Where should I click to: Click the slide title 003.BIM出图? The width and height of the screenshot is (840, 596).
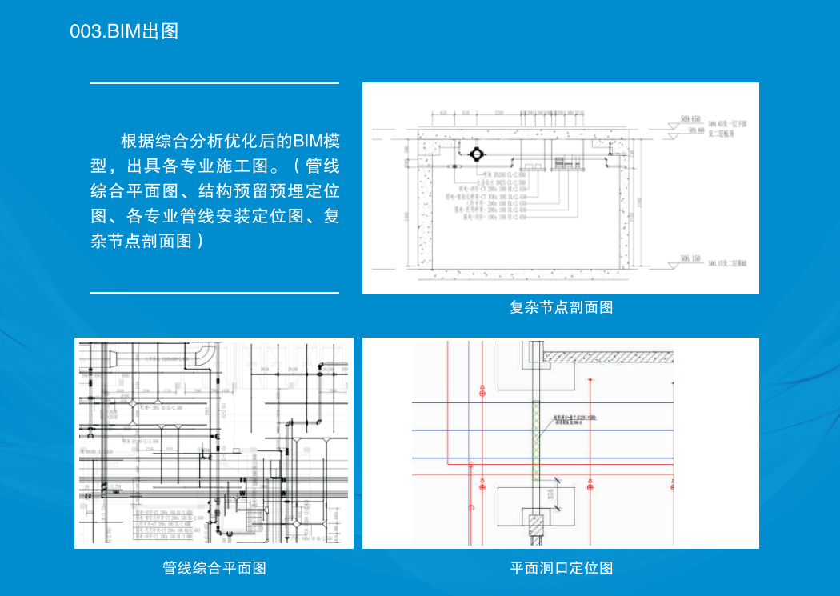point(124,31)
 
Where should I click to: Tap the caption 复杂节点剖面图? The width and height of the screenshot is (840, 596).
point(561,307)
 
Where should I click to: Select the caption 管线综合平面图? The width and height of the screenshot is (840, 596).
point(214,568)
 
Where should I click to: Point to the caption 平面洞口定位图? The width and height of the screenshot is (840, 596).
point(561,568)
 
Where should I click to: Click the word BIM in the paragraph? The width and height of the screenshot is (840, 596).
point(306,142)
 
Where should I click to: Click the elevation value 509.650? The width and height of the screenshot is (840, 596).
point(690,118)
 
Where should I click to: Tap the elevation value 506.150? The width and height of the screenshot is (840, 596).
point(690,258)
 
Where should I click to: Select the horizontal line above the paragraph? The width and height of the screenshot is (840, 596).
point(214,82)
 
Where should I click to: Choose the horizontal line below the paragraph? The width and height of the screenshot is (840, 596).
point(214,293)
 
